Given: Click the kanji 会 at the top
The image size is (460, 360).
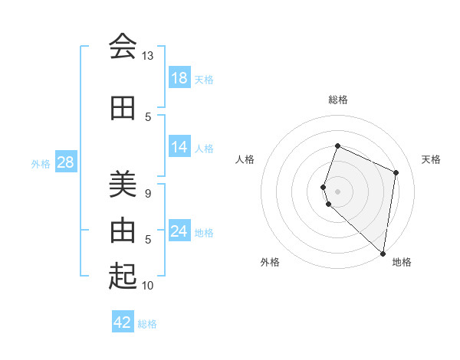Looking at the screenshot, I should click(123, 47).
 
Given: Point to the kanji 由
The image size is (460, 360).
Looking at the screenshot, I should click(123, 230).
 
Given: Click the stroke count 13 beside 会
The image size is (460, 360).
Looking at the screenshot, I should click(147, 56).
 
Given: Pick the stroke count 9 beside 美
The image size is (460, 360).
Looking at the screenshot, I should click(148, 193).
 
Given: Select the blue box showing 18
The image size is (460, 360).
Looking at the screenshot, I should click(179, 78).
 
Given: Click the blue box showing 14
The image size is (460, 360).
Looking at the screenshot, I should click(179, 147).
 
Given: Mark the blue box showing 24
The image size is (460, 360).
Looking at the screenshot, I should click(179, 231).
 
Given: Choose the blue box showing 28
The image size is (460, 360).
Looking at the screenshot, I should click(64, 162).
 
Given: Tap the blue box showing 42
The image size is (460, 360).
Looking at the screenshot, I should click(123, 322).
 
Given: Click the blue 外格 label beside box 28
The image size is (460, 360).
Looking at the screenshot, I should click(41, 163).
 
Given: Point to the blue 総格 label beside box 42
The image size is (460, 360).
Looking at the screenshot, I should click(147, 324).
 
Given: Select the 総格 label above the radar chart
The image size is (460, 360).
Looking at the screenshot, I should click(338, 100).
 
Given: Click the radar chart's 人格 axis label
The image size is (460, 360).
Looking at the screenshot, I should click(245, 159).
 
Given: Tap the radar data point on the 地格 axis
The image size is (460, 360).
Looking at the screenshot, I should click(383, 254).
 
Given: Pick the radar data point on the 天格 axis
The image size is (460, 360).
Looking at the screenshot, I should click(396, 172).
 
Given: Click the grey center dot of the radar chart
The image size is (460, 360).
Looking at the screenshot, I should click(338, 191).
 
